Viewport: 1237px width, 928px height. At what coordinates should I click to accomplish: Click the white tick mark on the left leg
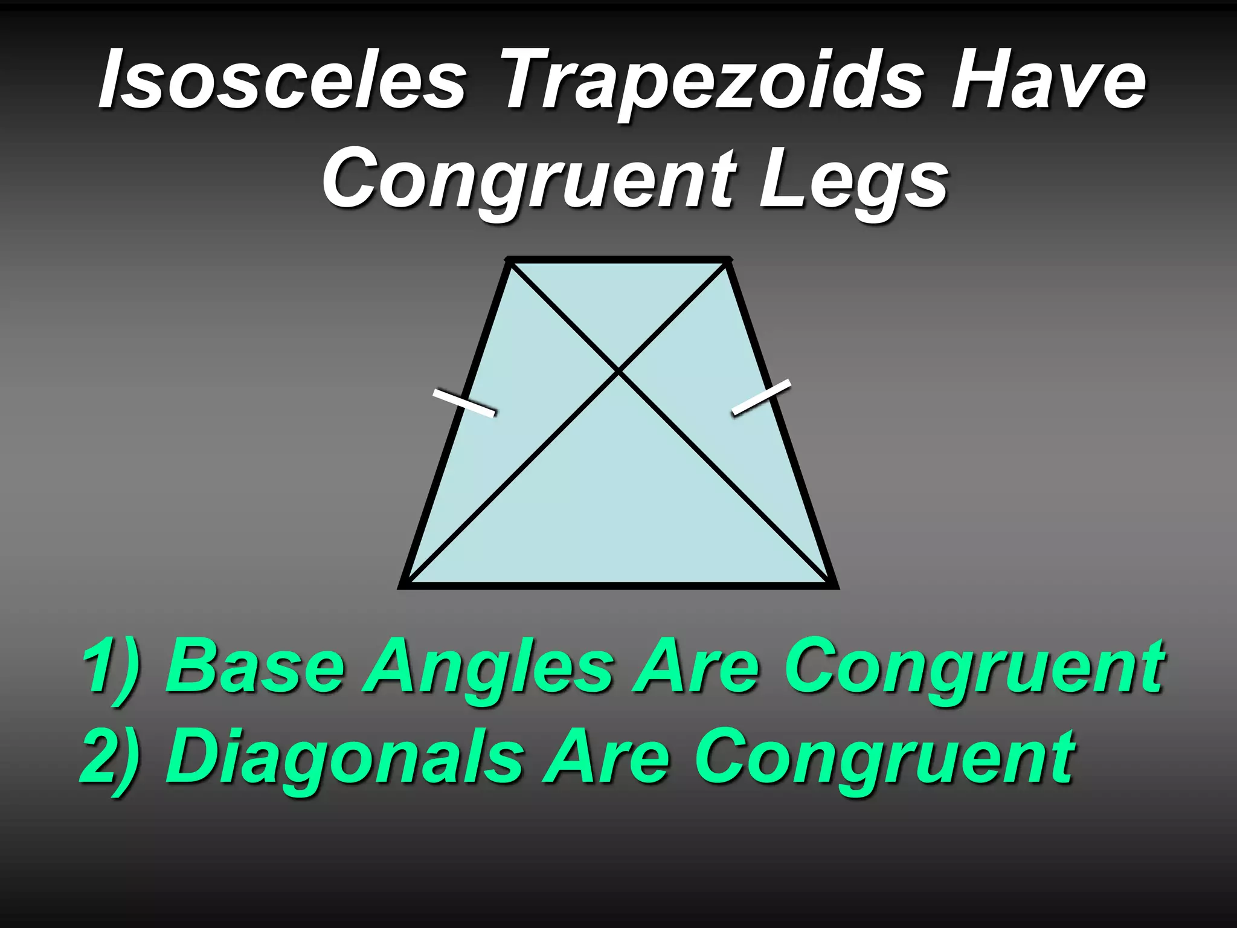coord(464,403)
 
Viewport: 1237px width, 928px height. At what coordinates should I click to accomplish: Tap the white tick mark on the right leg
coord(761,397)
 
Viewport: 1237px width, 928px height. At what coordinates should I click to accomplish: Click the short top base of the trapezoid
coord(619,260)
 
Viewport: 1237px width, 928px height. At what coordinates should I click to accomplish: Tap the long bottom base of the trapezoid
coord(619,585)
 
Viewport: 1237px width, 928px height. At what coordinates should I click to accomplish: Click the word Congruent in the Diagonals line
coord(885,758)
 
